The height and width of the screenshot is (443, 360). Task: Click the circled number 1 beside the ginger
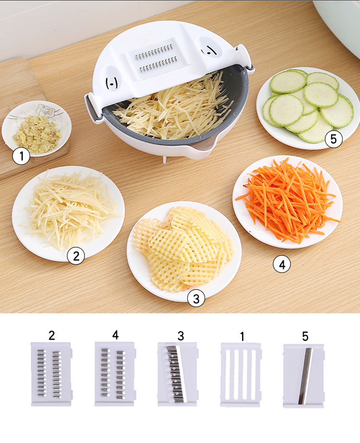click(21, 156)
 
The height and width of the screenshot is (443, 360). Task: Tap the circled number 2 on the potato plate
click(76, 256)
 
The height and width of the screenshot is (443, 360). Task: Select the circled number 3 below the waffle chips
click(196, 299)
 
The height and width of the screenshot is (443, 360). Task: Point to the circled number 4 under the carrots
click(282, 263)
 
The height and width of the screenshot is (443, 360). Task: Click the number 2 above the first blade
click(51, 335)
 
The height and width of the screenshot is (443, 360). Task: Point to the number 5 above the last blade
click(305, 336)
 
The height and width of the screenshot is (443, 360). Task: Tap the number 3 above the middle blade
click(180, 335)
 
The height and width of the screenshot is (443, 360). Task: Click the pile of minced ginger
click(36, 134)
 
